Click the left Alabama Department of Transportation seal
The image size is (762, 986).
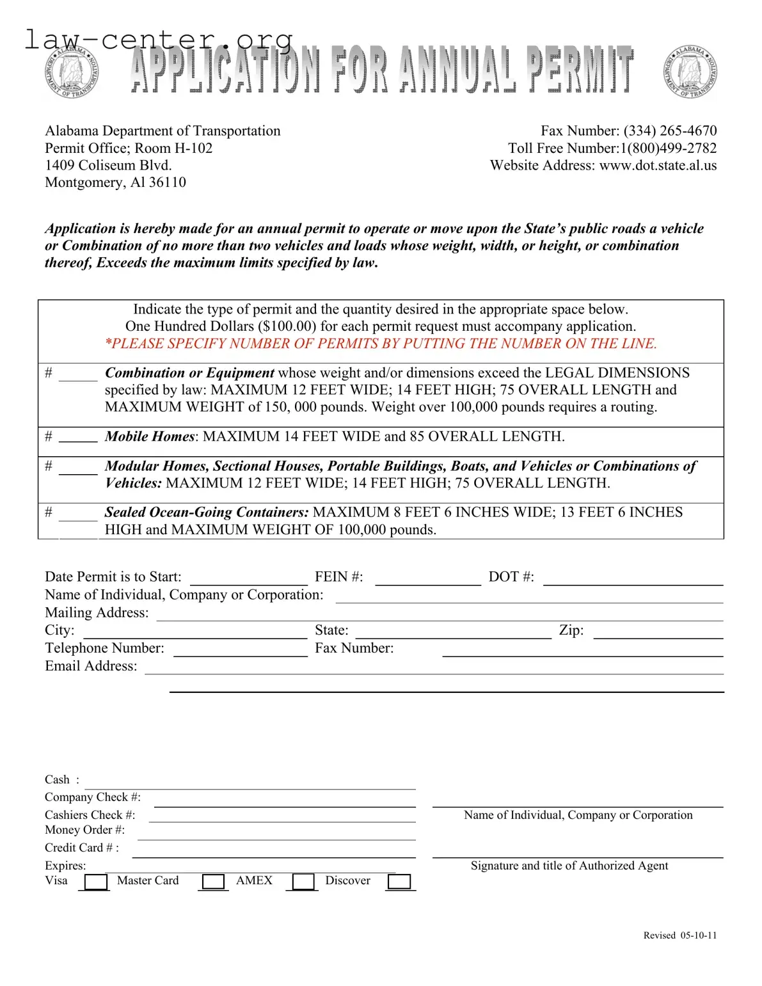(72, 72)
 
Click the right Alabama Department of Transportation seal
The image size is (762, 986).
(690, 72)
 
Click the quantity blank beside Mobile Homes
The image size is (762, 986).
(78, 438)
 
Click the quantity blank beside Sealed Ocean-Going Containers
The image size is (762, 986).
(78, 516)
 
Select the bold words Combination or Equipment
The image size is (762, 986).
(189, 373)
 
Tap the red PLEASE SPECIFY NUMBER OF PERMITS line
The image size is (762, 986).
(381, 344)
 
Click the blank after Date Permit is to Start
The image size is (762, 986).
(249, 579)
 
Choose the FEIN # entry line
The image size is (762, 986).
(427, 579)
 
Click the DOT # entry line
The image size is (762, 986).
(633, 579)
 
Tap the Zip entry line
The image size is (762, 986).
(658, 633)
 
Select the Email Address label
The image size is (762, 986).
(91, 666)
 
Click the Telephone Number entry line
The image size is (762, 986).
(241, 651)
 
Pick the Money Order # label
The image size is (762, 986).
(84, 830)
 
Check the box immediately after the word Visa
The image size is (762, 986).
(96, 882)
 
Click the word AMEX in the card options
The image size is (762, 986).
(254, 880)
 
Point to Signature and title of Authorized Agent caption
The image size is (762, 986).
(569, 866)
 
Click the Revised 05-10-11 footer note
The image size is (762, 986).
(679, 935)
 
